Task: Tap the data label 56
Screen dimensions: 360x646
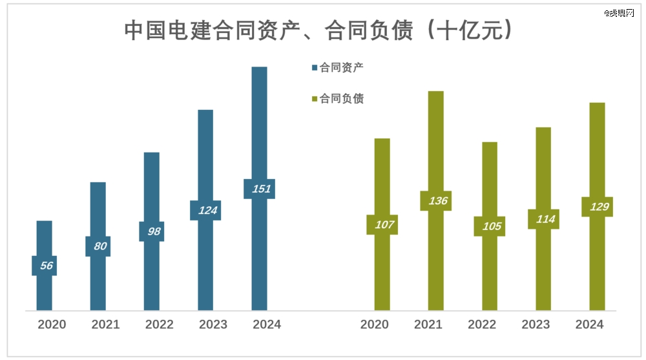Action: [x=45, y=266]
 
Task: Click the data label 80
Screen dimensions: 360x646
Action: [x=98, y=246]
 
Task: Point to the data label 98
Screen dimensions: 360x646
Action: [x=152, y=231]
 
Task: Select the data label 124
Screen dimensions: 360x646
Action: [x=205, y=211]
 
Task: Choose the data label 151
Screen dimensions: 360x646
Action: [x=259, y=189]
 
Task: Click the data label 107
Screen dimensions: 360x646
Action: [x=382, y=225]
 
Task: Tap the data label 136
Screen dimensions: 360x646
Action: [x=436, y=201]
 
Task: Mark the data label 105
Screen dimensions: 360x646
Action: [x=490, y=226]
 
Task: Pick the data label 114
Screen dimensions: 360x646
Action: [x=543, y=219]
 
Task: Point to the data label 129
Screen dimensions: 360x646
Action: [x=597, y=207]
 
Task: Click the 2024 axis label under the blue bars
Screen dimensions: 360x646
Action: [x=267, y=324]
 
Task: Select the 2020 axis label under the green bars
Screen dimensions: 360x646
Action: [x=375, y=324]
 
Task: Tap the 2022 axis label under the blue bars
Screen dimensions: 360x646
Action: [x=159, y=324]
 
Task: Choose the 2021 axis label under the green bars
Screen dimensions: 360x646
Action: [x=428, y=324]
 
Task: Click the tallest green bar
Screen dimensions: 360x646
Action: [x=436, y=142]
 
